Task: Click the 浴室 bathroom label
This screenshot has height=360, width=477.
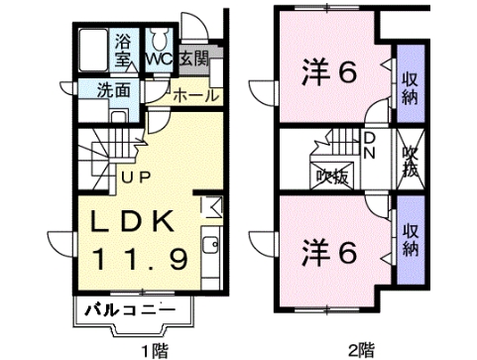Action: click(x=123, y=51)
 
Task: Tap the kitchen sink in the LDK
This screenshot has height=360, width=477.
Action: click(x=210, y=245)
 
